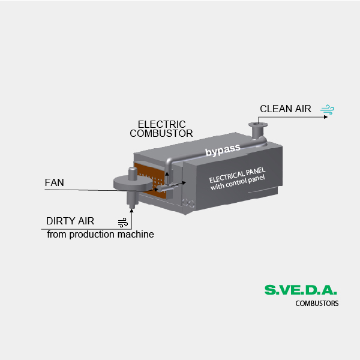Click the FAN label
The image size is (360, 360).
54,182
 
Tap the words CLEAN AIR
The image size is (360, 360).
286,109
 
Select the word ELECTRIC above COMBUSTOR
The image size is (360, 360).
161,124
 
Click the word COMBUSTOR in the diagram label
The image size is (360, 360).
161,133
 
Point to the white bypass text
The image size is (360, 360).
223,150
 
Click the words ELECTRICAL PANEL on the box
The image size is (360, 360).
237,175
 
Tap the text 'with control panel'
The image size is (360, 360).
238,182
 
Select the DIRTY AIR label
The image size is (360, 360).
70,221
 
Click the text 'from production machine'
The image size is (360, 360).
100,235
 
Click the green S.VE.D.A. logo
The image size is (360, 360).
301,290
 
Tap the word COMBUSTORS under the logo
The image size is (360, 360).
317,303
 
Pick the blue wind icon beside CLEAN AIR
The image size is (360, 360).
327,109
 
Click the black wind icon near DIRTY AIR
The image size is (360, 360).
122,223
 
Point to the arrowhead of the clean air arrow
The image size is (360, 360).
326,117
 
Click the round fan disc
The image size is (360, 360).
133,183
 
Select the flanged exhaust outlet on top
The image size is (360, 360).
258,130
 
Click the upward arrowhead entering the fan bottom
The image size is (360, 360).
131,211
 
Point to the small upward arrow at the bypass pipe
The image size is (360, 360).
167,178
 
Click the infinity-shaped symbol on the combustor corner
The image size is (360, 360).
188,203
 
